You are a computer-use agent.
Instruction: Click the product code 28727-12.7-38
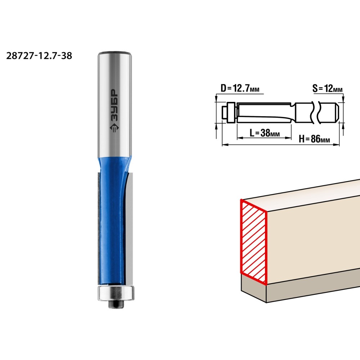[39, 56]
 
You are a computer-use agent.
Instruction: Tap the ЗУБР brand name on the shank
[114, 105]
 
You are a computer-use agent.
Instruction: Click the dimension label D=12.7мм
[240, 88]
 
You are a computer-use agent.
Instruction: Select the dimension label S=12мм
[327, 89]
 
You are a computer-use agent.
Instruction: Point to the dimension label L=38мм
[265, 133]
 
